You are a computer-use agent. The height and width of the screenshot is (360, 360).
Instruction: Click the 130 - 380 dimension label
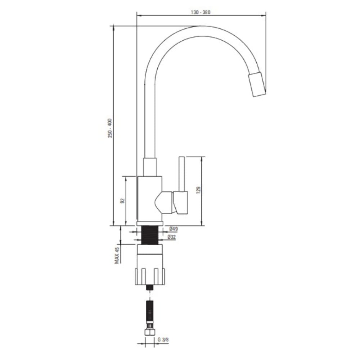pyautogui.click(x=201, y=12)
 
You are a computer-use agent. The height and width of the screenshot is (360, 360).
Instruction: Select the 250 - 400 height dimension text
pyautogui.click(x=110, y=128)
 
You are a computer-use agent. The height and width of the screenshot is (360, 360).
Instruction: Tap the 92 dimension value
pyautogui.click(x=122, y=201)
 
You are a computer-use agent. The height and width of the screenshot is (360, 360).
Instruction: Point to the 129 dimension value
pyautogui.click(x=198, y=190)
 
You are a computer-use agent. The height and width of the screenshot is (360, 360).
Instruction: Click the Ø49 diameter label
pyautogui.click(x=174, y=229)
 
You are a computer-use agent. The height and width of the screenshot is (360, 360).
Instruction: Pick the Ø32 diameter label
pyautogui.click(x=171, y=237)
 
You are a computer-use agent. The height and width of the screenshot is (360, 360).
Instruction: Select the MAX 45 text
pyautogui.click(x=117, y=255)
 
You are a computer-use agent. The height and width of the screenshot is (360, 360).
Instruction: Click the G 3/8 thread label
pyautogui.click(x=163, y=340)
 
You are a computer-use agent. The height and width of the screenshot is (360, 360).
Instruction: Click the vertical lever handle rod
pyautogui.click(x=181, y=174)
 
